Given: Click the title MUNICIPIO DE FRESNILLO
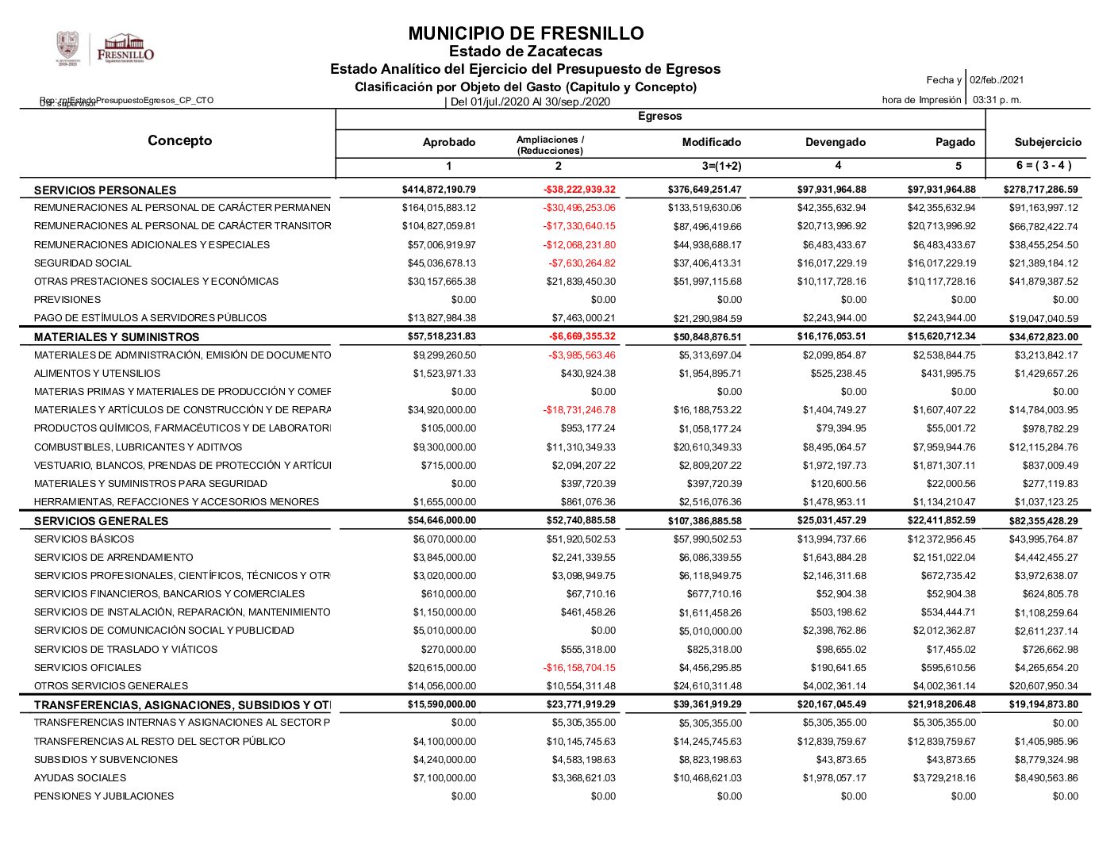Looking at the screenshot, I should (x=525, y=33).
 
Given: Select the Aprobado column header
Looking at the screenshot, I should (x=449, y=143).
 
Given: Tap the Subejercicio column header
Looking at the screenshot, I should (x=1047, y=143).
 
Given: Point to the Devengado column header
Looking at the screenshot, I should (x=836, y=143).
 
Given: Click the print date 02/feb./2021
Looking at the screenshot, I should (x=997, y=80).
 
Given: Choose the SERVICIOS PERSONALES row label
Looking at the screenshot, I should (x=105, y=190).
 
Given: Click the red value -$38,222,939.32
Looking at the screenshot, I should (x=579, y=190).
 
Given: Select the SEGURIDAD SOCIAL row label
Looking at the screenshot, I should (x=83, y=263).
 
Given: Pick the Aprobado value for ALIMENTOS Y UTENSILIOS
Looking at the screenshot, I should (x=444, y=374).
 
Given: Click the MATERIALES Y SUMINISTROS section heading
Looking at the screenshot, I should (x=117, y=337).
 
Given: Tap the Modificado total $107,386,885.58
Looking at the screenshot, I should (x=705, y=521).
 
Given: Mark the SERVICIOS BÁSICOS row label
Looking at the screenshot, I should (x=84, y=539).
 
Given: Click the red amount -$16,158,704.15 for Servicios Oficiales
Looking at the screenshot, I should (x=579, y=668).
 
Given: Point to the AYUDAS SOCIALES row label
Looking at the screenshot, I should (x=80, y=778).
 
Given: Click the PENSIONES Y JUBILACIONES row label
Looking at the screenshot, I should (x=104, y=796).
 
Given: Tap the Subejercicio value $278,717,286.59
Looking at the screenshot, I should (x=1040, y=190).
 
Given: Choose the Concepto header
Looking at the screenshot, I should (x=180, y=141).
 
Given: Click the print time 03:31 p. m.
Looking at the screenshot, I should (x=997, y=100).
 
